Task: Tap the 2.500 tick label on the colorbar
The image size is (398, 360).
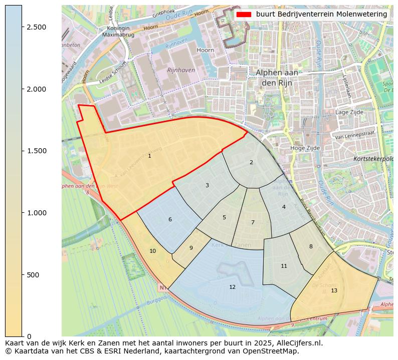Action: click(37, 27)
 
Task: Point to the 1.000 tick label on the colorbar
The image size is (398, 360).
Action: click(37, 213)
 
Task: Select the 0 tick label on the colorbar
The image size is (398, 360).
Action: click(29, 336)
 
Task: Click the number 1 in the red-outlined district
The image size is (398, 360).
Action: click(149, 156)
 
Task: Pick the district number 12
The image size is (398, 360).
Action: click(232, 287)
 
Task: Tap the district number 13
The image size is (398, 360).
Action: click(334, 290)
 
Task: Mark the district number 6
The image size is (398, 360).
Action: click(170, 219)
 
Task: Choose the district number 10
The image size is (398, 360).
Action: click(152, 251)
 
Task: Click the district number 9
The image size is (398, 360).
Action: click(191, 248)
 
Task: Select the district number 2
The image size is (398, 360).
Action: click(251, 162)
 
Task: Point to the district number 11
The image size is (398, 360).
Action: click(284, 266)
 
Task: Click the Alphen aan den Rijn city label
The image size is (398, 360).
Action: click(277, 77)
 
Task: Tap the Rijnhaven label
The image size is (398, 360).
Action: click(181, 70)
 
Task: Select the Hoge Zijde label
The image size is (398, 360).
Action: click(305, 148)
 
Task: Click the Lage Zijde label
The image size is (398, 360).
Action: click(349, 113)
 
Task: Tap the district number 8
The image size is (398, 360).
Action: click(311, 246)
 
